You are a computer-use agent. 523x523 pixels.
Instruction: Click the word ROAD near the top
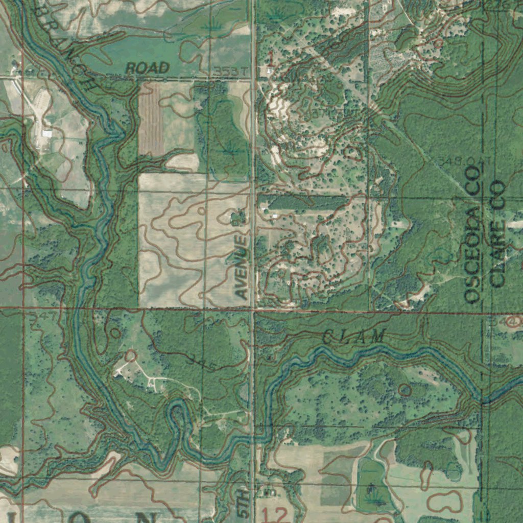(148, 67)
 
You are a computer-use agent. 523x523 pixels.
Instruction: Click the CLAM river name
(354, 337)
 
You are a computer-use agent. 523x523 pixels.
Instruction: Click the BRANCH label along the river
(66, 43)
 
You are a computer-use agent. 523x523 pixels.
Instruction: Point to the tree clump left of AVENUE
(236, 219)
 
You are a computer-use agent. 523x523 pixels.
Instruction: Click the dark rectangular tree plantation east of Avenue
(306, 203)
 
